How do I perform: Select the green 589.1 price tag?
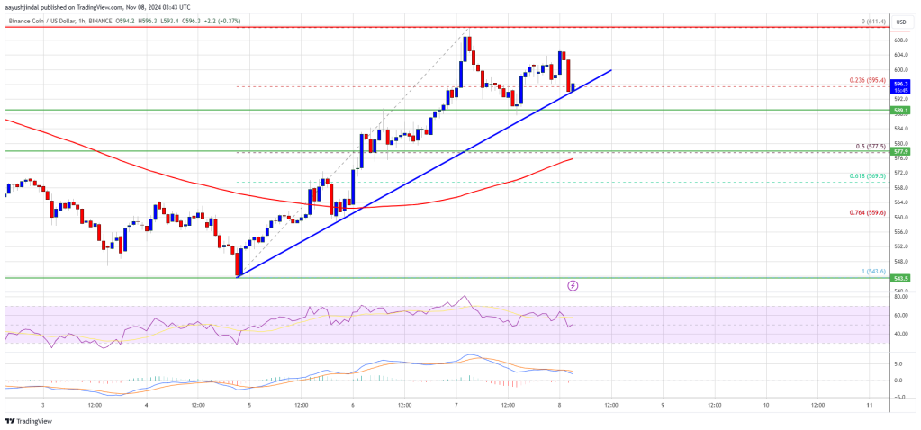(x=898, y=110)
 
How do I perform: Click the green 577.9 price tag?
(x=898, y=152)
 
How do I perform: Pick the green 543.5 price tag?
(x=898, y=278)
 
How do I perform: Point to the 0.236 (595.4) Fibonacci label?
(x=868, y=80)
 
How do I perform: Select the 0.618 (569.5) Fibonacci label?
(x=868, y=175)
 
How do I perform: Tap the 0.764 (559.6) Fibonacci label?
(x=868, y=211)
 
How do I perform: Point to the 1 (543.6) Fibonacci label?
(x=871, y=271)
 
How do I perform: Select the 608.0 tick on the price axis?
(x=898, y=40)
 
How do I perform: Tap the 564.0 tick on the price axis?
(x=898, y=202)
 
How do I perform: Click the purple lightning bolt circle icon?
(x=573, y=285)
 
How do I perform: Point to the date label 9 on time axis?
(x=663, y=406)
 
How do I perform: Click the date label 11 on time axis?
(x=868, y=406)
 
